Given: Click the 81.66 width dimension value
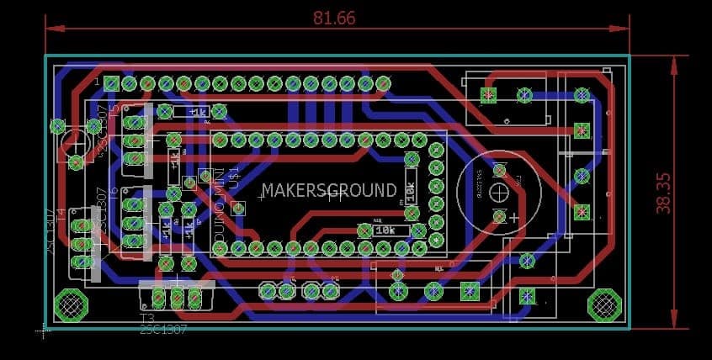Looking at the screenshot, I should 334,18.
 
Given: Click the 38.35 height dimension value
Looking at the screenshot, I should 663,193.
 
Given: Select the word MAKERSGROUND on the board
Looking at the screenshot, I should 328,190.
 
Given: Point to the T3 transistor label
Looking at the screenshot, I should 147,319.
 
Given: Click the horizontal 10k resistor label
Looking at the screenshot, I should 385,230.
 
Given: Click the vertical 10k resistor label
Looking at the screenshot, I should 411,193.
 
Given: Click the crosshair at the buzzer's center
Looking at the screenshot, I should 499,190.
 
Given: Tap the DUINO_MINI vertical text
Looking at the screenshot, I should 221,219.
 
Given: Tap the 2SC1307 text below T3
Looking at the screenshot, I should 163,331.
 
